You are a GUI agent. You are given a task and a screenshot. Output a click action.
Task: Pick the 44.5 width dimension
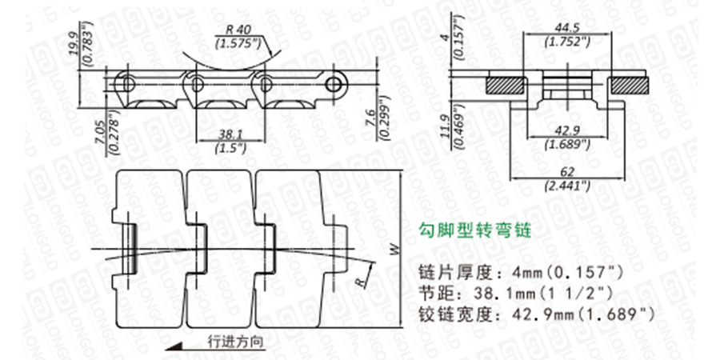[565, 28]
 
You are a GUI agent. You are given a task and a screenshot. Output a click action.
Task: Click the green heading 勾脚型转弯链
[474, 232]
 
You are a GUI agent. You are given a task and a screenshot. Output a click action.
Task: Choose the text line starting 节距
[510, 292]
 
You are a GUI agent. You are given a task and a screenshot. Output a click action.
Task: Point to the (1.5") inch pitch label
[230, 147]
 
